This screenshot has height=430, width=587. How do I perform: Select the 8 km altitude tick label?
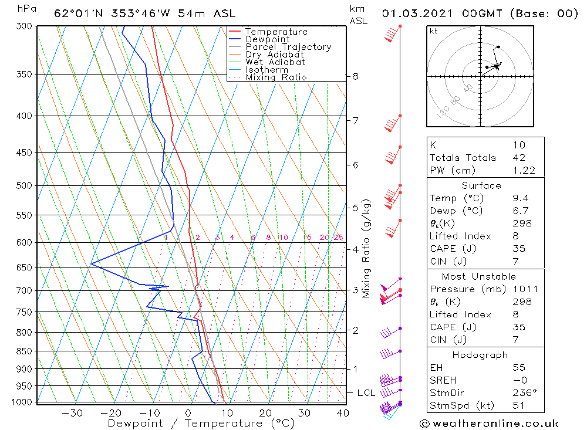coord(355,76)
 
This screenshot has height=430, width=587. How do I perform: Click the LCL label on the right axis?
coord(366,392)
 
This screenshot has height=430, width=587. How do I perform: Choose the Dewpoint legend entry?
coord(267,39)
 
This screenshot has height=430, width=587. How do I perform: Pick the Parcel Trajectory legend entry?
coord(288,47)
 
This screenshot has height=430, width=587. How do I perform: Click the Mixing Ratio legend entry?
coord(276,77)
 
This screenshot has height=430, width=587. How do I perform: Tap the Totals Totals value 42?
coord(519,158)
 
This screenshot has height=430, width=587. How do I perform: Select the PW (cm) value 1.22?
coord(522,170)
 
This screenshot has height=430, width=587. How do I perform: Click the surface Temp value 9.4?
coord(520,198)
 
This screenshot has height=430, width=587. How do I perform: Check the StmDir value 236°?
coord(522,393)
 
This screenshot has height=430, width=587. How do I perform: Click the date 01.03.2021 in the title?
coord(415,13)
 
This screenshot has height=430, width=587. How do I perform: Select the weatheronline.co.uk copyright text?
coord(490,424)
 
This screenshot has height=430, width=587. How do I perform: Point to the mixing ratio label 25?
coord(338,238)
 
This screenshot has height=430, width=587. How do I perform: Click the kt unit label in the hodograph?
coord(433,31)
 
